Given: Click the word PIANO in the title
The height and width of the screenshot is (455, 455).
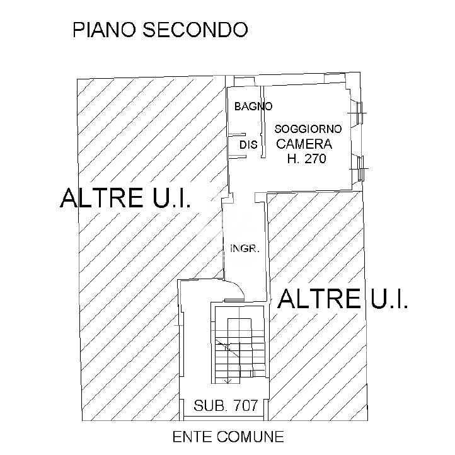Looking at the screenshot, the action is tap(104, 30).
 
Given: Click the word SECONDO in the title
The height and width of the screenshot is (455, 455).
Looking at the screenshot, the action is tap(195, 30).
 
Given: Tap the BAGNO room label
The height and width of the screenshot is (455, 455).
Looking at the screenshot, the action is tap(253, 107).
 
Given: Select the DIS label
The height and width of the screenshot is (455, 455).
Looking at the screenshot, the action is tap(248, 144).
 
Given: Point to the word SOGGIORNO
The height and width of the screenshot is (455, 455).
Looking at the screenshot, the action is tap(308, 129).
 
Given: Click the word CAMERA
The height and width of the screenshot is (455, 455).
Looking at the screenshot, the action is tap(304, 144).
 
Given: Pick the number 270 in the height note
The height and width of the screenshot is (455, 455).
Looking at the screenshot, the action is tap(316, 158).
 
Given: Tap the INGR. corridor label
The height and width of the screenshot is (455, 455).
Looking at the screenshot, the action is tap(245, 248).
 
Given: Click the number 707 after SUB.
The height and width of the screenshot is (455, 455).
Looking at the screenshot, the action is tap(246, 405).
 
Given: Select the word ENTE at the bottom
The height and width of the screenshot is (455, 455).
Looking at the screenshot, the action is tap(192, 437).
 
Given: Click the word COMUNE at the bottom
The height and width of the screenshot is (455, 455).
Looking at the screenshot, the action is tap(250, 437).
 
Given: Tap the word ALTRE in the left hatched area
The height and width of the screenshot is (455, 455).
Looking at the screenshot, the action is tap(101, 198).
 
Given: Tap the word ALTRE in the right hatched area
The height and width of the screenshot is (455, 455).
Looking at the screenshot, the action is tap(320, 299).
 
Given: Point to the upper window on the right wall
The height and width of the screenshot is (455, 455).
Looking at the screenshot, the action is tap(358, 113).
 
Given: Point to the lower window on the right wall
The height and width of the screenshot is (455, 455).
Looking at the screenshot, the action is tap(360, 168).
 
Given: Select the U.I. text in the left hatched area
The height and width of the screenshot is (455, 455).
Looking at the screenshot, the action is tap(172, 198).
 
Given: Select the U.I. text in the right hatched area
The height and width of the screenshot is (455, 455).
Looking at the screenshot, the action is tap(389, 299).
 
